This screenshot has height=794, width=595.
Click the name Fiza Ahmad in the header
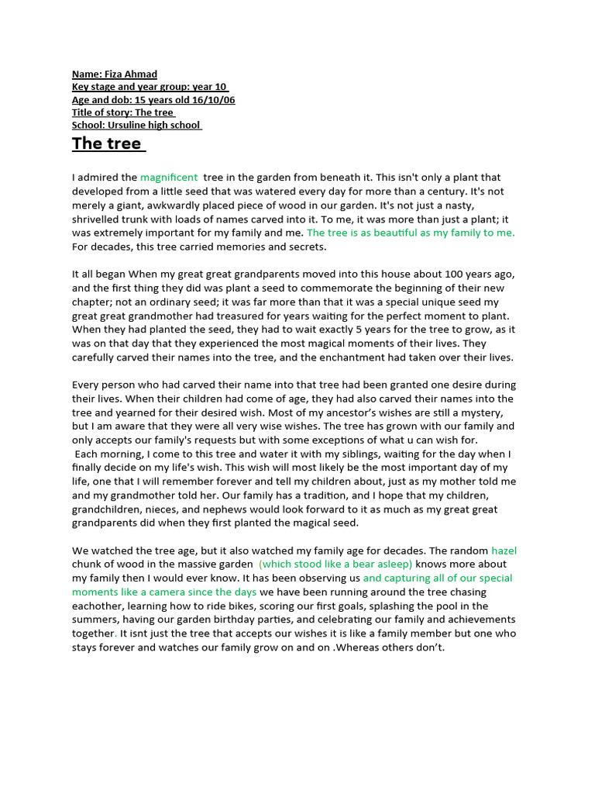(131, 74)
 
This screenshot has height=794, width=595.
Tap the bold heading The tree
(107, 143)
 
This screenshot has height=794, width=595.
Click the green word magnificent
(169, 178)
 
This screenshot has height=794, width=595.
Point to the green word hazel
(504, 551)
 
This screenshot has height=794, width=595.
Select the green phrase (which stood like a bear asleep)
(335, 564)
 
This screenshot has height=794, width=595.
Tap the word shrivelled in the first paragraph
(98, 219)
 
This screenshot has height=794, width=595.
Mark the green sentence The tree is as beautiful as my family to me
(411, 233)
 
